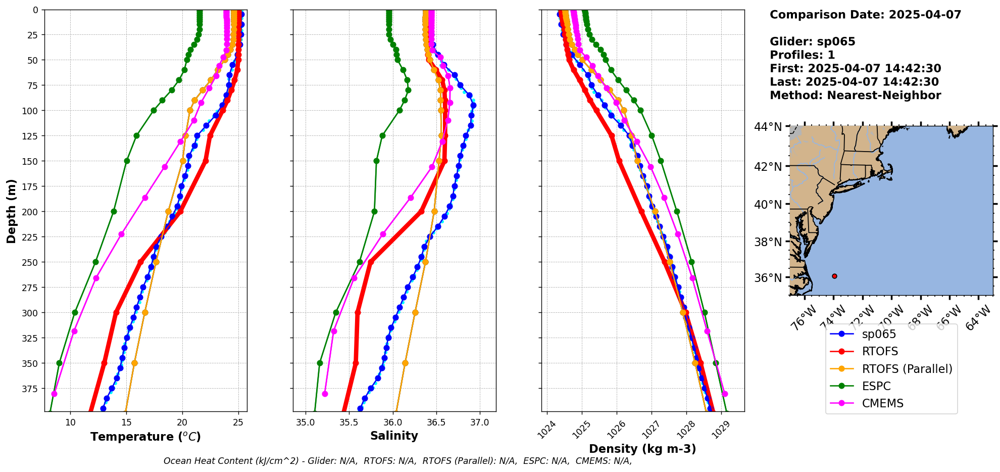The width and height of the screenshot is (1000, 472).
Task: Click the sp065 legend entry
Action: [879, 334]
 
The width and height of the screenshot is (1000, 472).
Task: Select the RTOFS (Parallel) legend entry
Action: [907, 369]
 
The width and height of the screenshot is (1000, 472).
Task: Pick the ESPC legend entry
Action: [876, 386]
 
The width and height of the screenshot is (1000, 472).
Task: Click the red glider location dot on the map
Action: [834, 276]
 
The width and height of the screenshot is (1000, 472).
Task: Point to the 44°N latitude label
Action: [768, 127]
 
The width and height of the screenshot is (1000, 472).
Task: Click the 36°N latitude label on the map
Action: [768, 278]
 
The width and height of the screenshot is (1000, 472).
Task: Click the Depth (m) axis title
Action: [11, 211]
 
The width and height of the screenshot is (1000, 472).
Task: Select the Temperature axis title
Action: [145, 437]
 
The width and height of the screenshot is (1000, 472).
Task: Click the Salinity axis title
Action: [394, 436]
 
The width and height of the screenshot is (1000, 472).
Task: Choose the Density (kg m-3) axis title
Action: [642, 449]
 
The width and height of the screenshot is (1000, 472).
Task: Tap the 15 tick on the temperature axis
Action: [126, 422]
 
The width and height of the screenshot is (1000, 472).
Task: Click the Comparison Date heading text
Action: [865, 15]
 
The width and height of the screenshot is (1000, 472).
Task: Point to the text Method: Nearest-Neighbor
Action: [855, 96]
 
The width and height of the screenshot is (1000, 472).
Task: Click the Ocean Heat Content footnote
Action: [397, 461]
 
